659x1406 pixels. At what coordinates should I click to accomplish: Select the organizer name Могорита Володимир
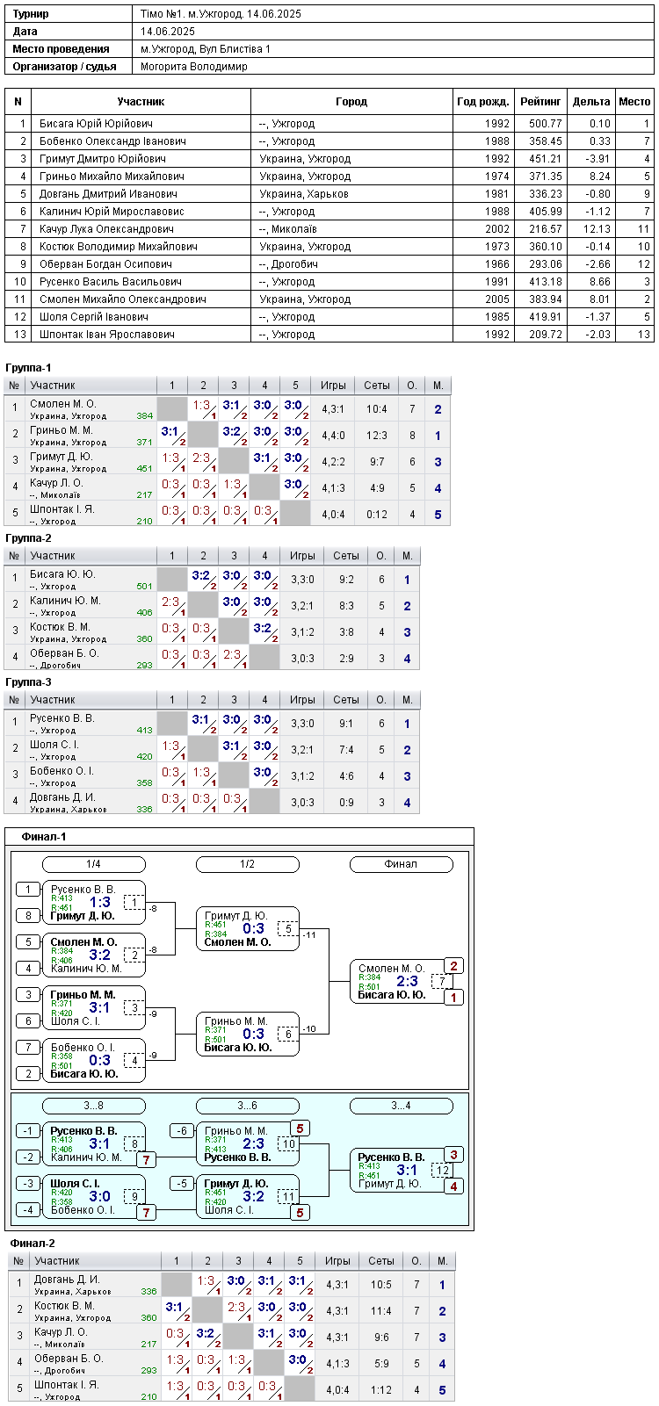tap(194, 67)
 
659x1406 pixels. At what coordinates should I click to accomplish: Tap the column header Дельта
tap(591, 102)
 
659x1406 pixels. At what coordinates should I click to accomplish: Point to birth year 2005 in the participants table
tap(497, 299)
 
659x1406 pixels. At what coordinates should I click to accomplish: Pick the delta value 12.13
tap(597, 229)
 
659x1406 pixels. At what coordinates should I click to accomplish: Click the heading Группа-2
tap(28, 538)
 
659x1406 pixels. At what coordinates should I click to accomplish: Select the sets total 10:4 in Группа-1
tap(377, 409)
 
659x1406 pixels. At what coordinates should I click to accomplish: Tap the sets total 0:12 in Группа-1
tap(377, 515)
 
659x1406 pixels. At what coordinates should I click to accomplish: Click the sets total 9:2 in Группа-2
tap(346, 580)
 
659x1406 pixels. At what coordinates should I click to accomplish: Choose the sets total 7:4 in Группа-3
tap(346, 749)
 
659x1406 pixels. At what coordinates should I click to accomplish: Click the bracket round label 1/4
tap(94, 864)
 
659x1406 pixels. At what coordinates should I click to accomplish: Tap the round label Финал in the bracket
tap(401, 864)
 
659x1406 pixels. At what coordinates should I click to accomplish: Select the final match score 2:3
tap(407, 981)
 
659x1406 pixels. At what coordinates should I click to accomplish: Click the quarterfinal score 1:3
tap(100, 902)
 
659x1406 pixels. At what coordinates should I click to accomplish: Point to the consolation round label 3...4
tap(401, 1106)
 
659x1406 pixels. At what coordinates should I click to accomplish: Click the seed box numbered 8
tap(28, 916)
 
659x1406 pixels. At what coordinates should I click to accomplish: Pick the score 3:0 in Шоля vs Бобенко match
tap(100, 1196)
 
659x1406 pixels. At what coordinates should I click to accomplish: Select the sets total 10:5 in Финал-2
tap(381, 1285)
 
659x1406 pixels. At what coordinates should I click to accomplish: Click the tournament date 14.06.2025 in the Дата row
tap(168, 32)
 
